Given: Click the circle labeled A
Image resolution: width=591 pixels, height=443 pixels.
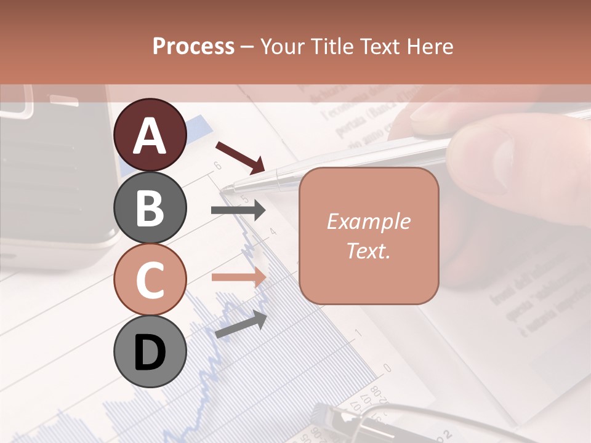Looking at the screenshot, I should (150, 135).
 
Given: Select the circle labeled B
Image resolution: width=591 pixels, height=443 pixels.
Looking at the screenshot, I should (150, 207).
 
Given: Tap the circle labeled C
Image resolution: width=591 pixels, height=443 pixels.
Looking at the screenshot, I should (150, 279).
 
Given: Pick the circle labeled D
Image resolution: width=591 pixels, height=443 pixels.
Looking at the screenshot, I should (150, 351).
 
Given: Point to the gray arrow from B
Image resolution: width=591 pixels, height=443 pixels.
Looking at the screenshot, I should (238, 210).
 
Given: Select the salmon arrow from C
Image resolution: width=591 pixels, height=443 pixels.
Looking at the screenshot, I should (238, 277).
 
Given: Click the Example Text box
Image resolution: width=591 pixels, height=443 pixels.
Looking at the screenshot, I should (369, 236).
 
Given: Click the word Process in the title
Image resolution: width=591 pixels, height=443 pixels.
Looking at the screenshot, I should (193, 46).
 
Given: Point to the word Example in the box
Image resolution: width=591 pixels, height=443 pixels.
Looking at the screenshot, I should (369, 221).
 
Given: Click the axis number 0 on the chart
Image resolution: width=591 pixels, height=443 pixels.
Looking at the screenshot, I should (387, 368).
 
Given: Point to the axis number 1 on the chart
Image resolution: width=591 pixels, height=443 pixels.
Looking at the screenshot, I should (359, 333).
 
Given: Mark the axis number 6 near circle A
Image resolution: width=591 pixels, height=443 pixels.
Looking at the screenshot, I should (217, 165).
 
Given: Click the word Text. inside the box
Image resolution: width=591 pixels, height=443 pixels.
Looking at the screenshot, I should (369, 250).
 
